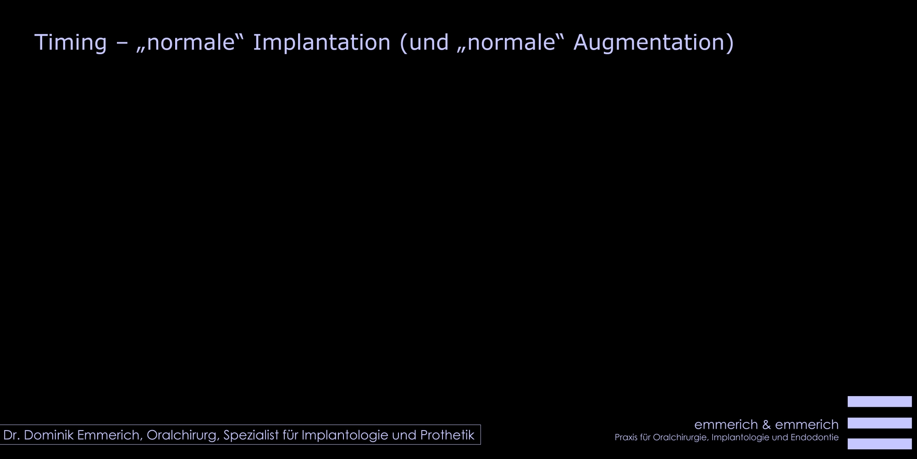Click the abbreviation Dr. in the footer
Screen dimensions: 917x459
11,435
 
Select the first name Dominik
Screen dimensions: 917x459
49,435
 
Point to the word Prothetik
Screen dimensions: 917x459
447,435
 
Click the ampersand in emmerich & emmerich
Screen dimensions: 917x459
767,425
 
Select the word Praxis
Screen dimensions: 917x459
626,437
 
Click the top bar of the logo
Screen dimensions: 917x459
879,402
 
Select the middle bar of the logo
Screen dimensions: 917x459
879,423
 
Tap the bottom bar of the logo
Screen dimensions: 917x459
879,444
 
